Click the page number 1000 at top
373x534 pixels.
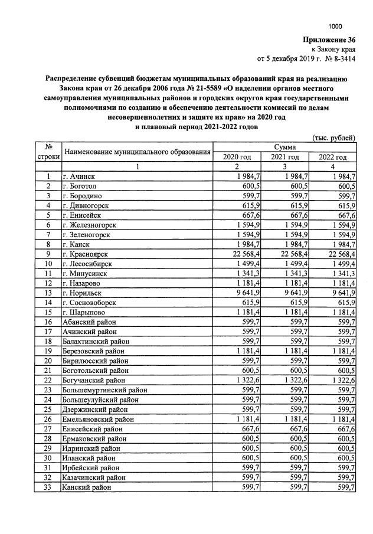pyautogui.click(x=335, y=26)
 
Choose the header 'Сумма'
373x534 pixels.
pyautogui.click(x=285, y=146)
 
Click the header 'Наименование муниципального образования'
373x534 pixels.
pyautogui.click(x=138, y=152)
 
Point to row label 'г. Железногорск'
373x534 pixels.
pyautogui.click(x=89, y=225)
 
